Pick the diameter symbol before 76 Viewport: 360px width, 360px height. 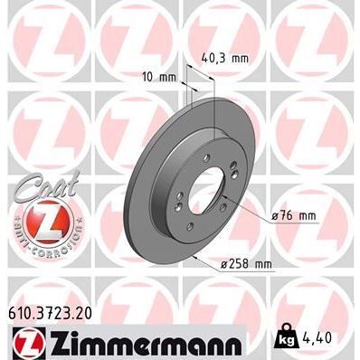click(x=274, y=216)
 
